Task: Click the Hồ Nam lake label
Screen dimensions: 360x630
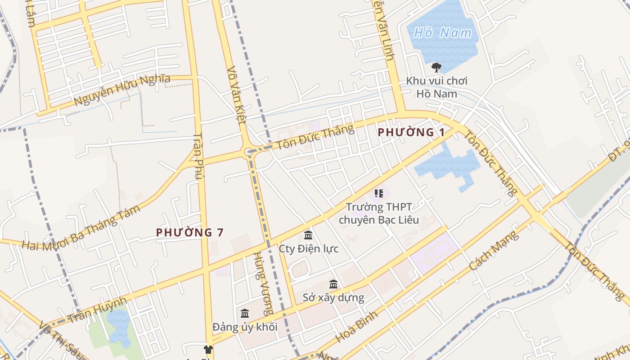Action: pyautogui.click(x=443, y=33)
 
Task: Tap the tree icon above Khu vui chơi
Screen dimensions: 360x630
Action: pyautogui.click(x=436, y=67)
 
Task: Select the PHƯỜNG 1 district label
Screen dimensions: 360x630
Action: pyautogui.click(x=411, y=132)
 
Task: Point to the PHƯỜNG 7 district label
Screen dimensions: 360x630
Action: pyautogui.click(x=189, y=233)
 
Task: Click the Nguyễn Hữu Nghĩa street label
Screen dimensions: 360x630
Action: pyautogui.click(x=122, y=90)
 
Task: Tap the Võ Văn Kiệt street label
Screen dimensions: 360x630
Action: pyautogui.click(x=236, y=95)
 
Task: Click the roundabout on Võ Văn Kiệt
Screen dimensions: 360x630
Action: pyautogui.click(x=248, y=152)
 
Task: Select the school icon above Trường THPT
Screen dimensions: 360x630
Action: pyautogui.click(x=378, y=193)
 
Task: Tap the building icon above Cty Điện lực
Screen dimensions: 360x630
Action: pyautogui.click(x=308, y=235)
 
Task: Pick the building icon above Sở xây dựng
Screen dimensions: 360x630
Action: pyautogui.click(x=333, y=284)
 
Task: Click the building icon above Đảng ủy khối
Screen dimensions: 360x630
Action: pyautogui.click(x=245, y=313)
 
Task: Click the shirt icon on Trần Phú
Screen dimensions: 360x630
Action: pyautogui.click(x=208, y=349)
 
